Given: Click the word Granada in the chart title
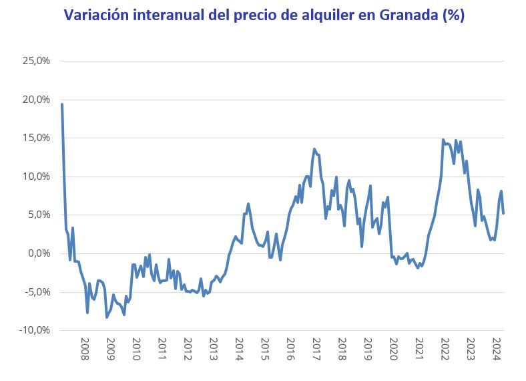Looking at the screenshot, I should [400, 15].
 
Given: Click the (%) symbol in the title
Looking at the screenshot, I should [452, 15].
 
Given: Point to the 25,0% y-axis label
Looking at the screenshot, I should [37, 61].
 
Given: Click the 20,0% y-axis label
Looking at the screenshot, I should [37, 100].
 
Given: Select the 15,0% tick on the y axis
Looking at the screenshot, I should [37, 138].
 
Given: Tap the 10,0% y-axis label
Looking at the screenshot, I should [37, 176].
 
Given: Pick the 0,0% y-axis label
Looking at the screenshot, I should [39, 253].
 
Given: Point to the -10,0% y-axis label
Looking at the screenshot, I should [35, 330].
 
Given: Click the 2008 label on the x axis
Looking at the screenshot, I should [85, 349].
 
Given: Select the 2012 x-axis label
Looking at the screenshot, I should [188, 349].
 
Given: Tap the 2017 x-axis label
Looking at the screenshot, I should [316, 349].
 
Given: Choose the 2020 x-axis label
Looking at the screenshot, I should [394, 349].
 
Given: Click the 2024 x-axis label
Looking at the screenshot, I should [496, 349].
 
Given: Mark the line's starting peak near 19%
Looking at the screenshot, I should [62, 104].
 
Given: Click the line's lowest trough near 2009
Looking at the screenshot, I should [107, 317].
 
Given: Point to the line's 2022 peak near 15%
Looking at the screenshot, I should [443, 140].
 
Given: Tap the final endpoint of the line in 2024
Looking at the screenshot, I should [503, 213].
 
